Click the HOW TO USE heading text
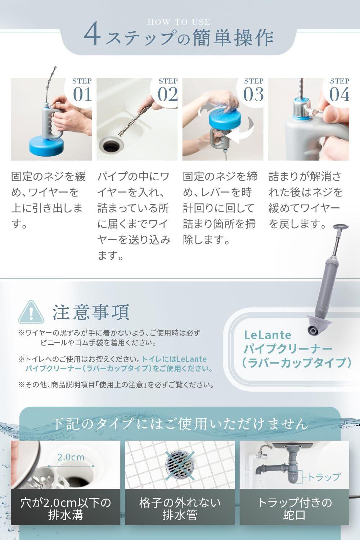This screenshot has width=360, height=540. pos(179,22)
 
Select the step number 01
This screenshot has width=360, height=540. pos(82,94)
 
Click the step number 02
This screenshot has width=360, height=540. pos(168,94)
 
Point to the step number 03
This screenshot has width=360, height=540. pos(253,94)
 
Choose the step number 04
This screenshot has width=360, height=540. pos(339,94)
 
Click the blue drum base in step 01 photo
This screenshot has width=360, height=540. pos(46,146)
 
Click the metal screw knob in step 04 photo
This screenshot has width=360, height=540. pos(314,111)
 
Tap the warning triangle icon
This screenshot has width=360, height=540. pos(31,312)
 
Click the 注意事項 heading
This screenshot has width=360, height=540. pos(91,312)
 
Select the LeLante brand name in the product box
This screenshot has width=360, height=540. pos(267,335)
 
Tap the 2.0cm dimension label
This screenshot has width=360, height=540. pos(71,457)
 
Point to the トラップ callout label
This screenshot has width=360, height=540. pos(324,477)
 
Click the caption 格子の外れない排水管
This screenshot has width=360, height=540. pos(180,509)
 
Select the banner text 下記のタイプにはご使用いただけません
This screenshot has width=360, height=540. pos(180,424)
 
